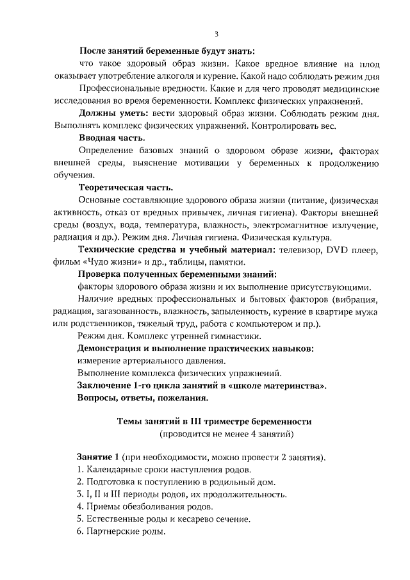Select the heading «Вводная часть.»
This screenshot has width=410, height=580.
112,138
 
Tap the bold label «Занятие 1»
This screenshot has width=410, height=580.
98,458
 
